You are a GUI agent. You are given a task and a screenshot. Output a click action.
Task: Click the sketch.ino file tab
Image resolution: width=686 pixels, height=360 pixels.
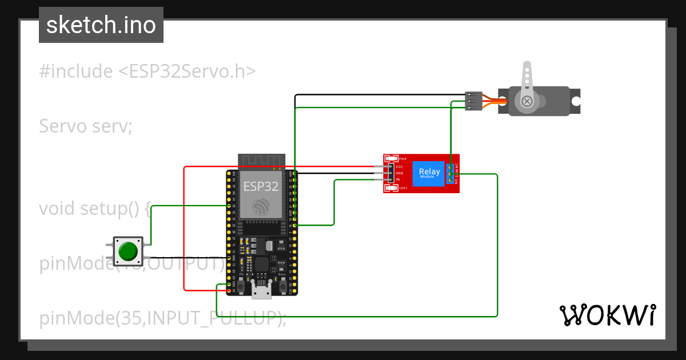click(101, 25)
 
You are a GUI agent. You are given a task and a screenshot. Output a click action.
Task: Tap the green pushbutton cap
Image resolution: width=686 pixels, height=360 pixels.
click(127, 251)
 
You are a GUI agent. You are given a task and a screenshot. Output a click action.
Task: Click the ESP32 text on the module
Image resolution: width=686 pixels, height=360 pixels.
click(261, 186)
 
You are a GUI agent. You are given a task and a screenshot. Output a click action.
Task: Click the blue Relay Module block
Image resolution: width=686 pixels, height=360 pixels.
click(429, 173)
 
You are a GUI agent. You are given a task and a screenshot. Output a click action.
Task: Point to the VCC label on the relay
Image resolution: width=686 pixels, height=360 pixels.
click(399, 166)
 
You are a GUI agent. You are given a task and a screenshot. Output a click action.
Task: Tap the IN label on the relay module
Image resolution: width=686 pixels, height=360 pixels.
click(397, 179)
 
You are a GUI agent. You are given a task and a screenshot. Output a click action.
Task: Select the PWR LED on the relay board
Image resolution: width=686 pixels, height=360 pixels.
click(392, 158)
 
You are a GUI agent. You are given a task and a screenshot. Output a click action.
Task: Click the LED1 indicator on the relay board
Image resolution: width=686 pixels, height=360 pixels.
click(392, 188)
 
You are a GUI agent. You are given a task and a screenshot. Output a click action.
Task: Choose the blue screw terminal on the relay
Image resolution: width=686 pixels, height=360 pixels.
click(451, 173)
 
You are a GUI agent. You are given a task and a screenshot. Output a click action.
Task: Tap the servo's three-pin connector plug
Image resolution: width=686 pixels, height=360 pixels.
click(473, 101)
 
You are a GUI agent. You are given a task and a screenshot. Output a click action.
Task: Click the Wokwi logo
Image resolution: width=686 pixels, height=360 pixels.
click(607, 315)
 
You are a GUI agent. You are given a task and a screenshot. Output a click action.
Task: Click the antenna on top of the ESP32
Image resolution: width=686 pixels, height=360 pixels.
click(261, 161)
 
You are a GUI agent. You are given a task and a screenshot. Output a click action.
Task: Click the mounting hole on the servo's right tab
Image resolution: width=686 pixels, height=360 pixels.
click(576, 102)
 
